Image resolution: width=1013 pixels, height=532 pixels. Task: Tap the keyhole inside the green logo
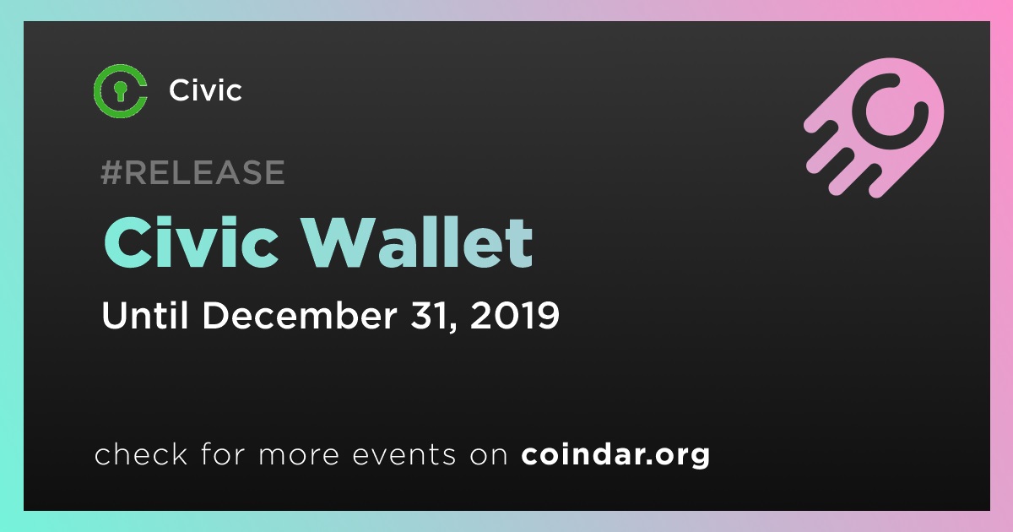click(120, 90)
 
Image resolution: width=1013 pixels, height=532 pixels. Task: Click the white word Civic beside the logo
click(205, 90)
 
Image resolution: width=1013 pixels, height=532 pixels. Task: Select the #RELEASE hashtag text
click(192, 172)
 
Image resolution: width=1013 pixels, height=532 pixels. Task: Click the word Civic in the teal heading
click(191, 242)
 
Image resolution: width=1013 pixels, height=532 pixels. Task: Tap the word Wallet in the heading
click(417, 242)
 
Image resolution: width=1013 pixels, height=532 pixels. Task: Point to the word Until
click(144, 315)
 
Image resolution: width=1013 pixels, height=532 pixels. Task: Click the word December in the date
click(300, 315)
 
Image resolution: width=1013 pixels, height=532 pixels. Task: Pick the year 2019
click(515, 315)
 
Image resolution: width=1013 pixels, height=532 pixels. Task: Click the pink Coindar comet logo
click(874, 128)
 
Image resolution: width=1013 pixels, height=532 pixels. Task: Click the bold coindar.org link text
click(615, 454)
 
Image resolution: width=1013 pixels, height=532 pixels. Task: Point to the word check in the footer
click(141, 453)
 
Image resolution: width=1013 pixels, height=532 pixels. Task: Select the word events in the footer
click(404, 455)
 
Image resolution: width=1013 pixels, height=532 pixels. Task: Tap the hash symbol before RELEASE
click(111, 172)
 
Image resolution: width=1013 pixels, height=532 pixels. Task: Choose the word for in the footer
click(223, 453)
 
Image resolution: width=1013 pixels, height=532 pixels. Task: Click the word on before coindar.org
click(489, 456)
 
